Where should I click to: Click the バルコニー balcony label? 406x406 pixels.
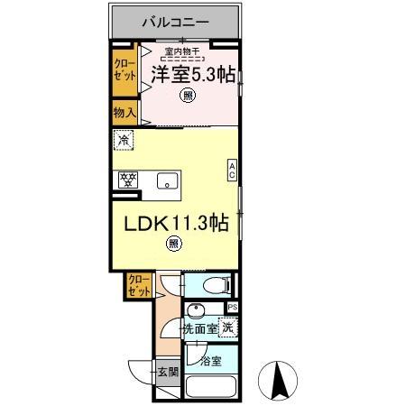177,21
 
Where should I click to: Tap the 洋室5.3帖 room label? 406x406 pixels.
188,76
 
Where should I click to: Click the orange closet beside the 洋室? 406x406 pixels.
125,70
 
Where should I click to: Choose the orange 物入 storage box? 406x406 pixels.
125,114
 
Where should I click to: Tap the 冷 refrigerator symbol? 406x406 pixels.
124,141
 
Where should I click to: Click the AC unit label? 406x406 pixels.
232,171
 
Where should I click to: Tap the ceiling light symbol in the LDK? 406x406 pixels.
174,242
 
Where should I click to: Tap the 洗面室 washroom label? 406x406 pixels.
200,328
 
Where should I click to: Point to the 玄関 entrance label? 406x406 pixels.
167,371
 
